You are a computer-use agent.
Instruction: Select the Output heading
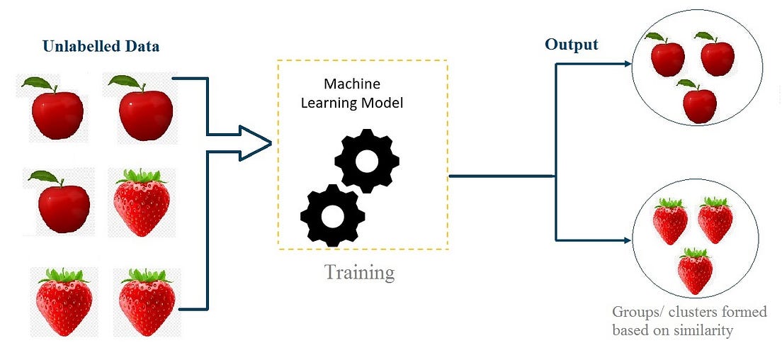pyautogui.click(x=571, y=45)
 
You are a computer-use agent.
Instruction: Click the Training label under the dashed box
pyautogui.click(x=359, y=271)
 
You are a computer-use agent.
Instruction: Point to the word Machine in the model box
pyautogui.click(x=352, y=83)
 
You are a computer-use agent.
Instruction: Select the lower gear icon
pyautogui.click(x=332, y=215)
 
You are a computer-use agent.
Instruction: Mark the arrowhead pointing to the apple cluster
pyautogui.click(x=626, y=63)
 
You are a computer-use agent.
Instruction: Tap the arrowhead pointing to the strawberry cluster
pyautogui.click(x=626, y=240)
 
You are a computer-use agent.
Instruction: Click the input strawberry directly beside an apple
pyautogui.click(x=141, y=201)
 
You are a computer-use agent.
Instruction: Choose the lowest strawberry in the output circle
pyautogui.click(x=695, y=271)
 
